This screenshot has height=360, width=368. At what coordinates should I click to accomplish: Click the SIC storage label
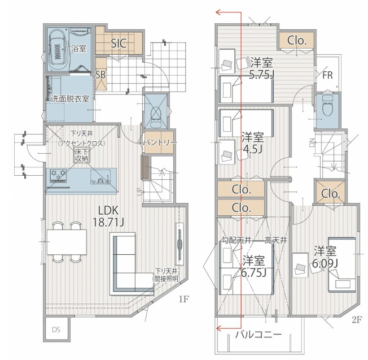tap(119, 44)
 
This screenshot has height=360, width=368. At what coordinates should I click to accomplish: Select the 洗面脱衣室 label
tap(70, 99)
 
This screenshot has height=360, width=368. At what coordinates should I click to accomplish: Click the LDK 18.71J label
tap(108, 216)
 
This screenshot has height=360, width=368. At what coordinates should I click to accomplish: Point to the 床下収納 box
tap(81, 155)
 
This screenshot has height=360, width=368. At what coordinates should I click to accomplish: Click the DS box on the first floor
tap(56, 329)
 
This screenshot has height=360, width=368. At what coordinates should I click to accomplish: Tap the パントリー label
tap(160, 142)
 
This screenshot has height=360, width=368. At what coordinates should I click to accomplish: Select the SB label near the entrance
tap(100, 75)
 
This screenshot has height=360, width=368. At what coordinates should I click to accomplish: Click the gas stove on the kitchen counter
tap(58, 176)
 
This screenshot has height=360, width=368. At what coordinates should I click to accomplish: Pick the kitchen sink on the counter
tap(100, 177)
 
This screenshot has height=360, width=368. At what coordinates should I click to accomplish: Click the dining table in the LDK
tap(67, 242)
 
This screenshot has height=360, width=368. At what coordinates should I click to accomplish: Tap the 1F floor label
tap(184, 299)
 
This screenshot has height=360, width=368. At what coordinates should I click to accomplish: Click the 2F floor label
tap(357, 319)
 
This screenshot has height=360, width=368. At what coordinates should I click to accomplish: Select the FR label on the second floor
tap(327, 75)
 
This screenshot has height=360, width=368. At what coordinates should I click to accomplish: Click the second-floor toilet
tap(327, 106)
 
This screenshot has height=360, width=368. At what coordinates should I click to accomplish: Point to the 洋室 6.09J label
tap(325, 257)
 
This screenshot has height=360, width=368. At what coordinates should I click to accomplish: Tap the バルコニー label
tap(259, 334)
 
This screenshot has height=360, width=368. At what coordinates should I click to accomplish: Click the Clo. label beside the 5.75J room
tap(297, 41)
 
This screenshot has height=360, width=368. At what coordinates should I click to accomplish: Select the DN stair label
tap(312, 142)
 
